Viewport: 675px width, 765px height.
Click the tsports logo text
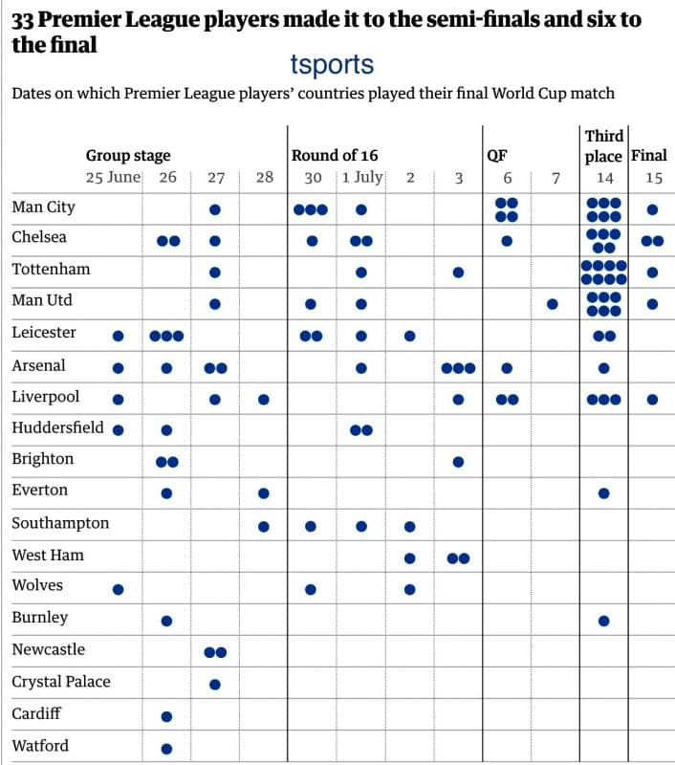(x=332, y=65)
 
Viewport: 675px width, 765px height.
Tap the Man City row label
(x=43, y=207)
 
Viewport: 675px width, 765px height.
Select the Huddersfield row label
(x=58, y=427)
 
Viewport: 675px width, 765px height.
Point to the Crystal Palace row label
(x=60, y=682)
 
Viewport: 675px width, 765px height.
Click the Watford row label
(x=40, y=746)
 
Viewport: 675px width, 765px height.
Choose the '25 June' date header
(x=113, y=177)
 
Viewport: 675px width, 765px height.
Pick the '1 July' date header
(x=362, y=177)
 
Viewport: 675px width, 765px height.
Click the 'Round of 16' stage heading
(x=334, y=155)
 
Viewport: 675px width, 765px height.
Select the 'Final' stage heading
(x=648, y=155)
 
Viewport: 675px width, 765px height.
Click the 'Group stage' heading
(x=128, y=155)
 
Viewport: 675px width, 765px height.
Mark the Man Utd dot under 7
(x=553, y=304)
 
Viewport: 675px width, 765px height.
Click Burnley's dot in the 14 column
(x=604, y=621)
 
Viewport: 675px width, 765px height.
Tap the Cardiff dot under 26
(x=167, y=716)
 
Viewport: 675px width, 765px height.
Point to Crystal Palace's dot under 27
(x=215, y=684)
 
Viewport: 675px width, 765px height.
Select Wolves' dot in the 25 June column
(x=119, y=589)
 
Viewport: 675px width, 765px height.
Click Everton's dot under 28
(x=264, y=493)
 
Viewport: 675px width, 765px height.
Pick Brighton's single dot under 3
(x=458, y=462)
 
